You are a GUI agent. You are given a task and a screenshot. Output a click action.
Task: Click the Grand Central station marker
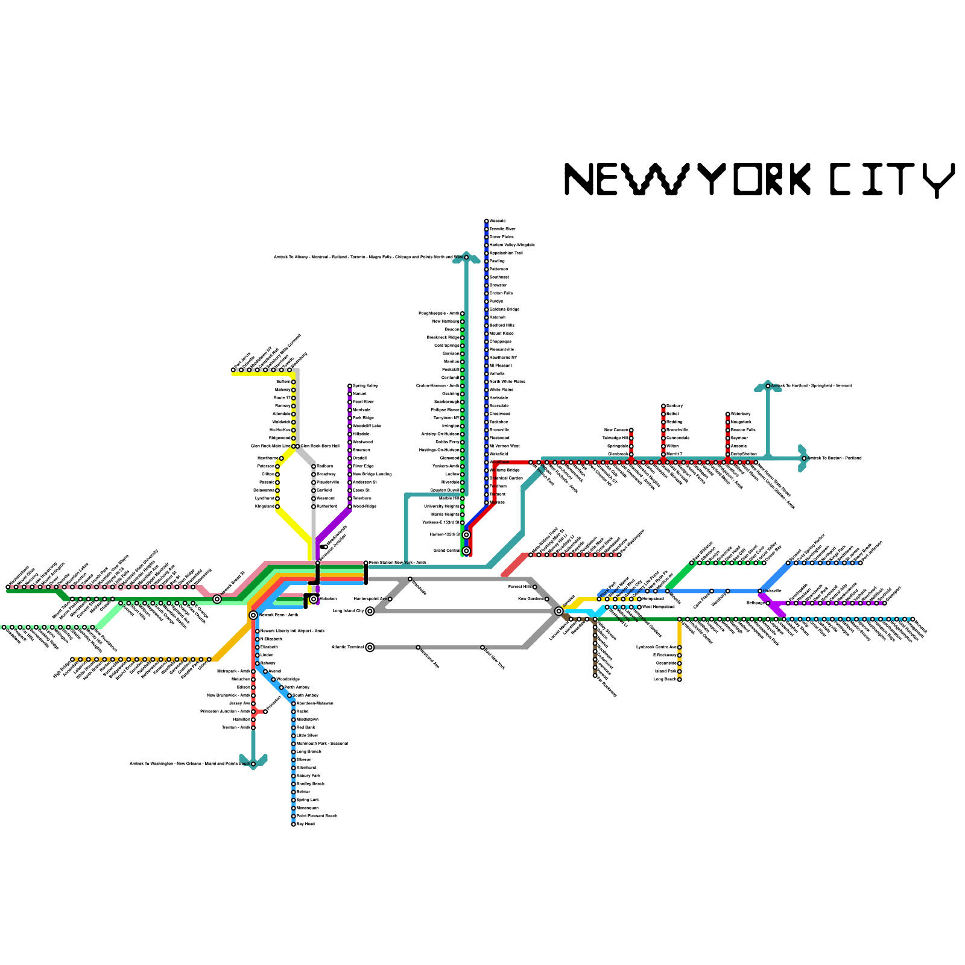click(x=466, y=551)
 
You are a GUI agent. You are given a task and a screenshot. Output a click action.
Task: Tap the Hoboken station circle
click(x=314, y=599)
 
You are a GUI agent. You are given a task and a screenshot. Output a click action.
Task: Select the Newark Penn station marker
click(x=253, y=615)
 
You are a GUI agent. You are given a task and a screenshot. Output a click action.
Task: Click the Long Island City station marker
click(x=370, y=611)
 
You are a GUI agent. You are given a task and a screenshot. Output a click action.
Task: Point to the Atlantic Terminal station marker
click(x=370, y=647)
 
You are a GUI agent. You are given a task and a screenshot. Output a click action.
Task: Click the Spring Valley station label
click(x=365, y=386)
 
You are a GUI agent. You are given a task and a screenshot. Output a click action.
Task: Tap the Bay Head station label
click(x=306, y=824)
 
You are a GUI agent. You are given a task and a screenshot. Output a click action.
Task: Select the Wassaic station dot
click(x=487, y=221)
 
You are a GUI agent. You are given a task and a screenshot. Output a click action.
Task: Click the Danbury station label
click(x=674, y=406)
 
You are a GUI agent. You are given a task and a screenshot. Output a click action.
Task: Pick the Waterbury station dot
click(x=728, y=414)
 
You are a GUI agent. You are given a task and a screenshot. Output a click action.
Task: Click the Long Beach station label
click(x=665, y=679)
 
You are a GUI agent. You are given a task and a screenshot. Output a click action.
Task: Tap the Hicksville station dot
click(x=760, y=591)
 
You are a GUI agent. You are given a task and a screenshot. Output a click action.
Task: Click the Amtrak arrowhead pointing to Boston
click(x=803, y=458)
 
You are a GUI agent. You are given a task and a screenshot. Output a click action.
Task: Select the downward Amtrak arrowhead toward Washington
click(x=253, y=761)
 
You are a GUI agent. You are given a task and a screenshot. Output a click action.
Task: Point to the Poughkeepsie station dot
click(x=463, y=314)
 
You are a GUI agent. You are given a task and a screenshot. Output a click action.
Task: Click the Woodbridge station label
click(x=288, y=679)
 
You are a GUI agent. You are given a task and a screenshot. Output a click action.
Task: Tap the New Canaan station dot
click(x=631, y=430)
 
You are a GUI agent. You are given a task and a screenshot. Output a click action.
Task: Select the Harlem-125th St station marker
click(x=466, y=535)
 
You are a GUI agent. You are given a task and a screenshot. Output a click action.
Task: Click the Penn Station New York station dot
click(x=366, y=563)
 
